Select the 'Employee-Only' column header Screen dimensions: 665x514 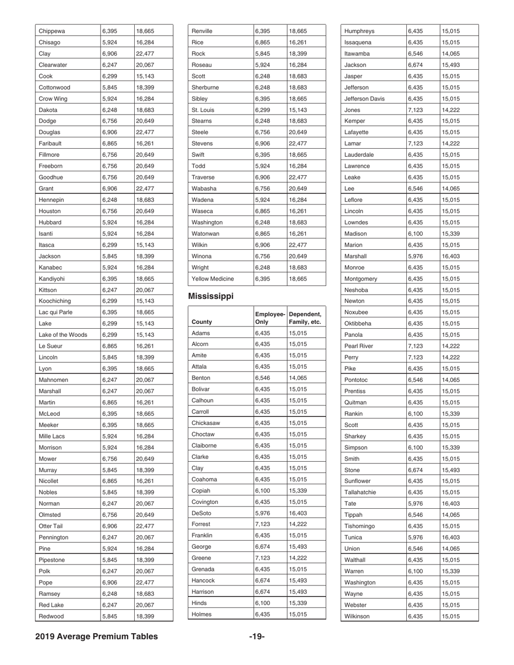pyautogui.click(x=269, y=318)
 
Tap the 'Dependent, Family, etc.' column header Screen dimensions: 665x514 pyautogui.click(x=306, y=318)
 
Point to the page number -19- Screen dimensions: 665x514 pyautogui.click(x=256, y=636)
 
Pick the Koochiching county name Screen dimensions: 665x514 pyautogui.click(x=55, y=301)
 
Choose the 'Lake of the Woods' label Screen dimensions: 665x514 pyautogui.click(x=63, y=335)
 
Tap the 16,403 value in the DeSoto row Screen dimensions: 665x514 pyautogui.click(x=298, y=513)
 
